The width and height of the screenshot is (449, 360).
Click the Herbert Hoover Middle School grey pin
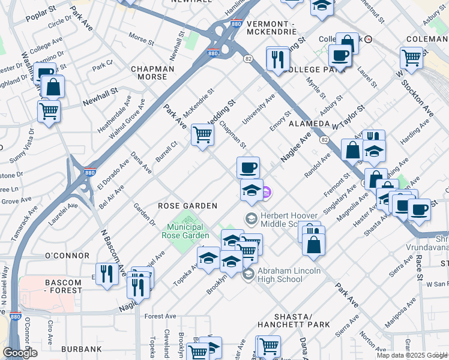click(x=250, y=217)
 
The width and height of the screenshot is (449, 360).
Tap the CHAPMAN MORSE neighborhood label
click(x=153, y=73)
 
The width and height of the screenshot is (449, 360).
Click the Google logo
click(x=20, y=353)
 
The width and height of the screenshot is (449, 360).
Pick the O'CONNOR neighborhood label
click(x=67, y=256)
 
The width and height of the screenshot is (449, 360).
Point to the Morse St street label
click(x=141, y=40)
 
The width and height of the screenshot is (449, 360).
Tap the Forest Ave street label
click(x=160, y=316)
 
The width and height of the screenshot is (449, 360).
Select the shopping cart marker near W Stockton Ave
click(x=411, y=57)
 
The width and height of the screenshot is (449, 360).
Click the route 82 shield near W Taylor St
click(x=325, y=140)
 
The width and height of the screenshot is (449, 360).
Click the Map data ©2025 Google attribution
click(x=412, y=355)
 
